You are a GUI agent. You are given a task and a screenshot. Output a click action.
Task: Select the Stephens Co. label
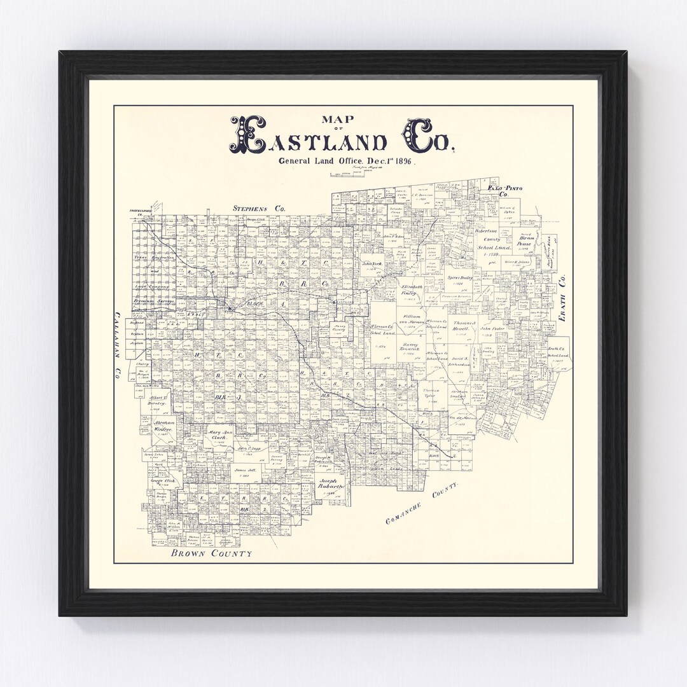tap(259, 208)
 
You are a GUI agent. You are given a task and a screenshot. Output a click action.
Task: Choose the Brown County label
tap(211, 554)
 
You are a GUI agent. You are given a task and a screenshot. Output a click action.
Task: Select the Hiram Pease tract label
tap(523, 240)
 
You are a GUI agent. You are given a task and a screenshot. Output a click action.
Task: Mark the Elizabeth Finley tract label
tap(412, 291)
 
